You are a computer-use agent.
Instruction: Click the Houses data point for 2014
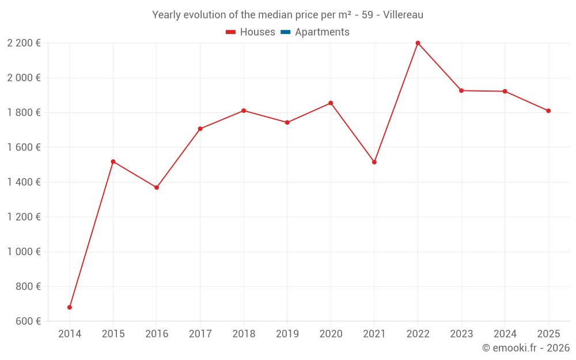click(x=70, y=308)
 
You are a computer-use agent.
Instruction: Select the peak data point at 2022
click(x=418, y=43)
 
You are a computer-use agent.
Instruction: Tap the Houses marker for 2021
click(x=374, y=162)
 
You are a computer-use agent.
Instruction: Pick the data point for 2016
click(x=157, y=188)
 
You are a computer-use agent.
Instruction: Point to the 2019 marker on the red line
click(x=287, y=123)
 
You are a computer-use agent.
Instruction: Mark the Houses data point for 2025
click(x=548, y=111)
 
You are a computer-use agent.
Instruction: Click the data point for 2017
click(x=200, y=129)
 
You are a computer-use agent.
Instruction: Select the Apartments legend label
click(x=322, y=32)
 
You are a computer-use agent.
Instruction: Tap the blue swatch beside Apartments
click(x=285, y=32)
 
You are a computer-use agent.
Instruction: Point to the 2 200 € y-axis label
click(x=24, y=43)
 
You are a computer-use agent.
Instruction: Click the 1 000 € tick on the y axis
click(x=24, y=252)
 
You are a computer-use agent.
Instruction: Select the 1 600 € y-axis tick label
click(x=24, y=147)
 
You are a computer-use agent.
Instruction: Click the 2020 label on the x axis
click(x=331, y=334)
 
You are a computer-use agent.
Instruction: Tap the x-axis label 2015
click(x=113, y=334)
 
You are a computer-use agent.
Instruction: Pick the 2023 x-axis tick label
click(x=461, y=334)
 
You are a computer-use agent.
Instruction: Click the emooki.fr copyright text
click(x=526, y=348)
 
